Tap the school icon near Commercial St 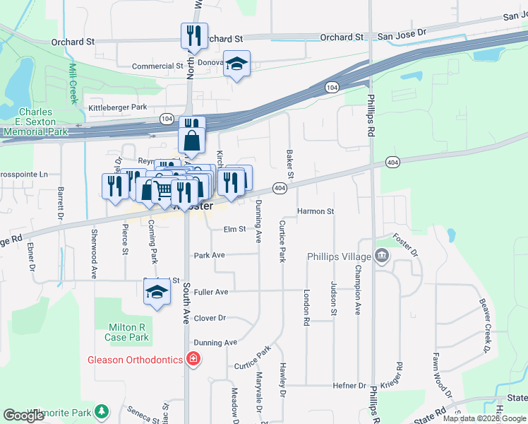236,64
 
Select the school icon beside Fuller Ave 156,292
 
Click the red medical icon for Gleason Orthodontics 193,359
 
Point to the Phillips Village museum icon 382,256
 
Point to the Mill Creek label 73,83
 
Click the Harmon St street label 315,211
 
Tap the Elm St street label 234,229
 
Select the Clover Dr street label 210,318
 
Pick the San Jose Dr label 402,33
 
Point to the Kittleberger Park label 117,107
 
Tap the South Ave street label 186,304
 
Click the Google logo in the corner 24,415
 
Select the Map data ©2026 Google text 484,418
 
